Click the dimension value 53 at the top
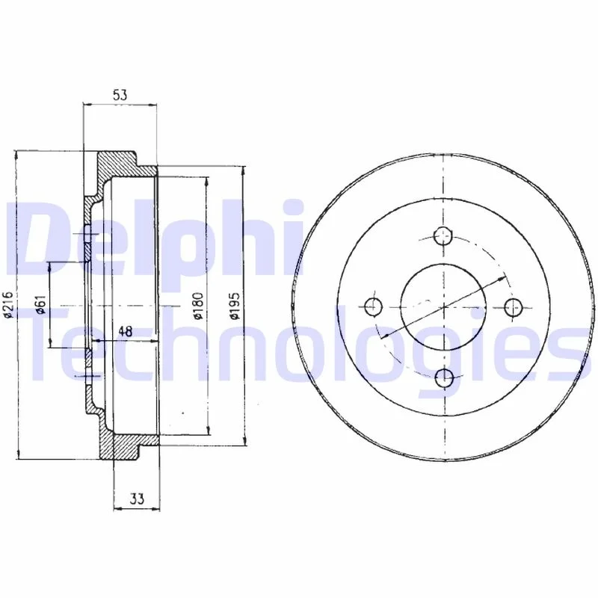[x=120, y=95]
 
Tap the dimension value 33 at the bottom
[x=137, y=498]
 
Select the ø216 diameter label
[x=8, y=305]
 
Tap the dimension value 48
[x=125, y=331]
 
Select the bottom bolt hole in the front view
[x=444, y=378]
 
